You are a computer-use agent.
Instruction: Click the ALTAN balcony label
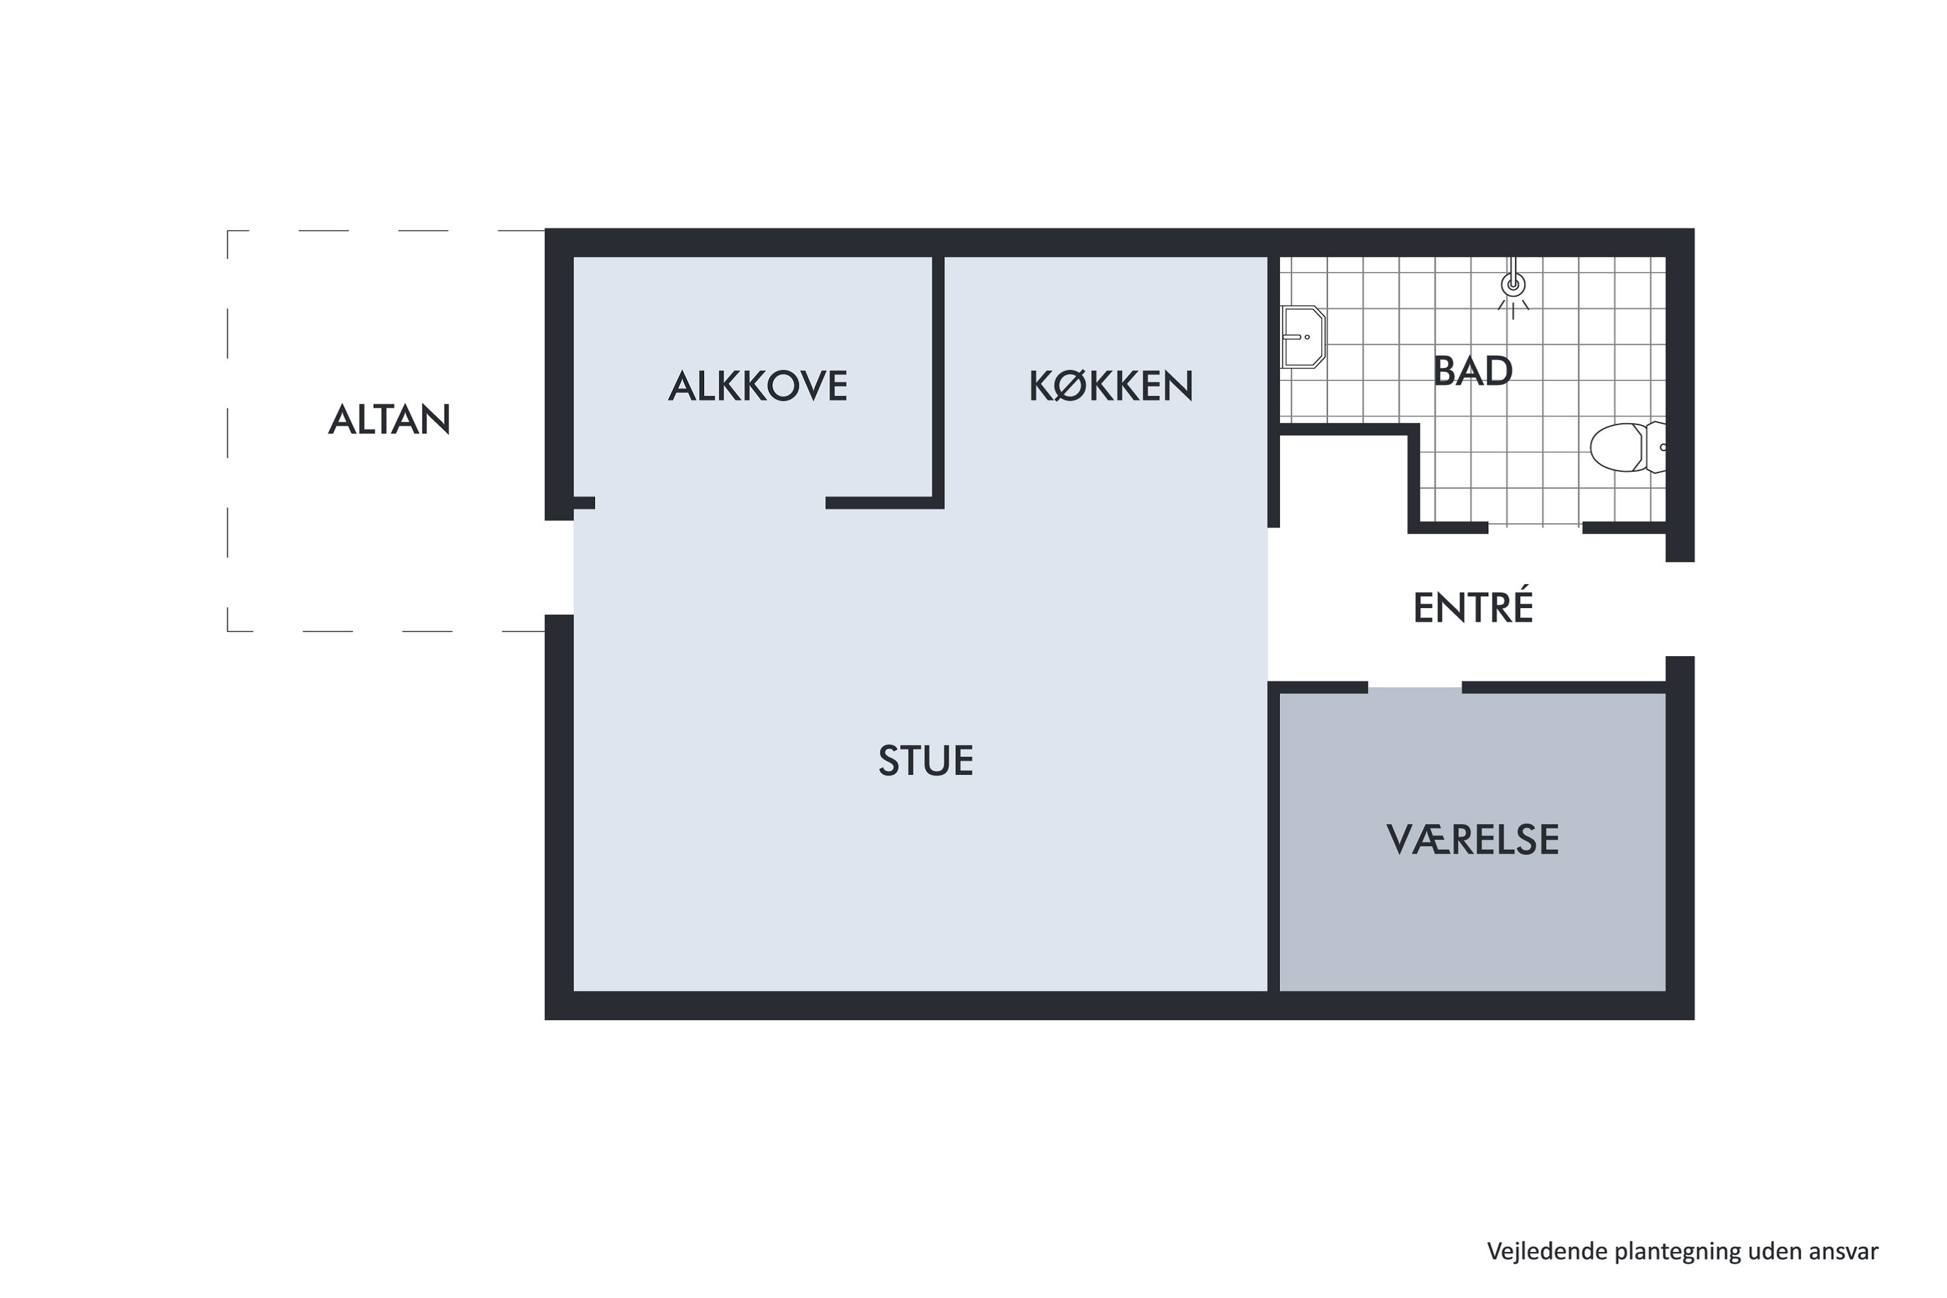point(389,420)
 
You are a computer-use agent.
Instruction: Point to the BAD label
point(1473,371)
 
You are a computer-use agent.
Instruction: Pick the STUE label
point(925,761)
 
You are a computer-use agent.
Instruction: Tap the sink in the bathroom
point(1302,337)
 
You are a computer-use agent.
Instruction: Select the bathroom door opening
point(1535,528)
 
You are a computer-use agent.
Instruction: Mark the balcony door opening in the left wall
point(559,568)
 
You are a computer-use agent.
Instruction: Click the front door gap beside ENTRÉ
point(1680,609)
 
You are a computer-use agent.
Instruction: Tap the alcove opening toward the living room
point(709,504)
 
